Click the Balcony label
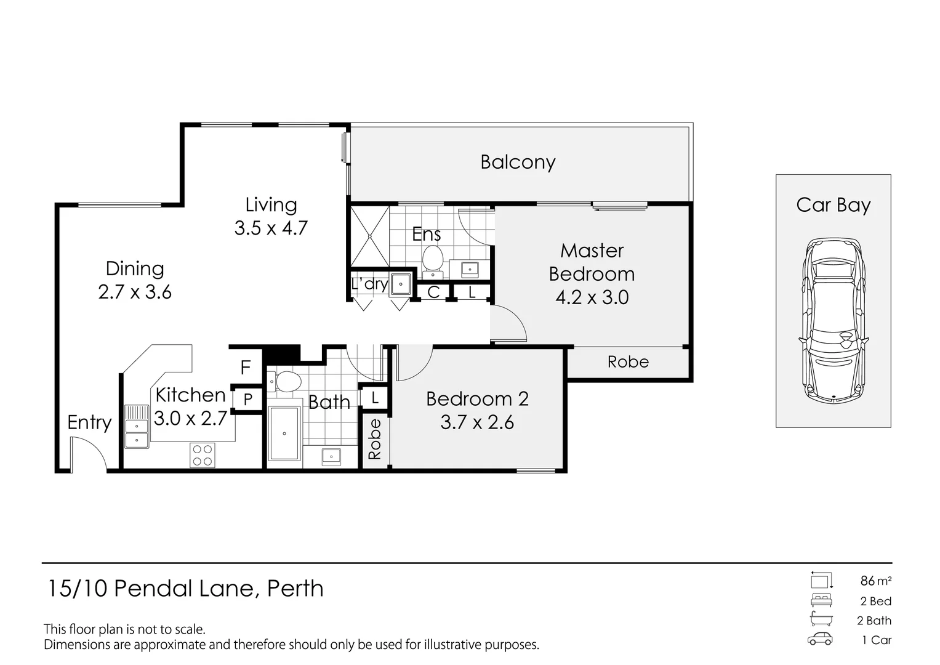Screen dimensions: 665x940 point(518,162)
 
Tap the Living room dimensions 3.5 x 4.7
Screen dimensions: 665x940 point(271,228)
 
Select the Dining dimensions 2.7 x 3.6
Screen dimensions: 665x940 point(135,292)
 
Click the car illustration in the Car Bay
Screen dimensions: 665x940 point(833,320)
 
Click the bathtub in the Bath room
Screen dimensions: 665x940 point(284,433)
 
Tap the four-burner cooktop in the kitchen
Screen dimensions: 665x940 point(202,455)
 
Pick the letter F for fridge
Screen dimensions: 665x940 point(246,368)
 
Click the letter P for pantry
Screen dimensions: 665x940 point(248,399)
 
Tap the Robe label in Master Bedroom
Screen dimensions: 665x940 point(628,362)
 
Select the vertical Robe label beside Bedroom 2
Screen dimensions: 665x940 point(374,439)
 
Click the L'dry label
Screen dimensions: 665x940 point(369,284)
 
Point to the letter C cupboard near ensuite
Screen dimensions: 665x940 point(433,292)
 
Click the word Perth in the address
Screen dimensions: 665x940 point(295,589)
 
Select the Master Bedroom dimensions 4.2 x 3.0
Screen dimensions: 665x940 point(592,297)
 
